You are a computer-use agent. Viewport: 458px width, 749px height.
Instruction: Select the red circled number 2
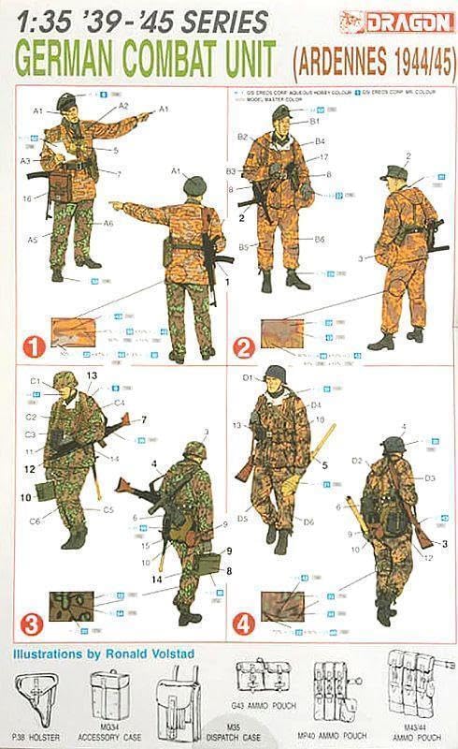tap(244, 345)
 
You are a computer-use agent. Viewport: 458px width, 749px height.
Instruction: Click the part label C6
tap(35, 521)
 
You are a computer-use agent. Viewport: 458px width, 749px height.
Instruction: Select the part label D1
tap(249, 377)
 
